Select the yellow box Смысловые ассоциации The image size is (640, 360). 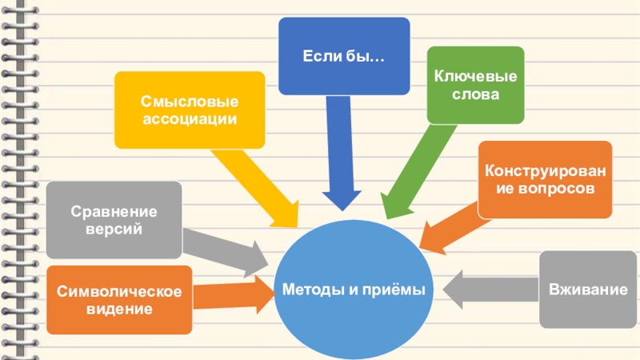[190, 110]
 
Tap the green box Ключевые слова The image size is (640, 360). [475, 85]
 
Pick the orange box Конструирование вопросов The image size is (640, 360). [545, 180]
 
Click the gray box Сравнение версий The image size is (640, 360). [113, 220]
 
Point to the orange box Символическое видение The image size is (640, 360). [119, 299]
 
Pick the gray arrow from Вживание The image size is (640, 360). [488, 288]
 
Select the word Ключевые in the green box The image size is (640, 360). [475, 76]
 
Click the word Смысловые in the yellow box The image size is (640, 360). [190, 102]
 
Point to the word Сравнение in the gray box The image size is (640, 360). [113, 212]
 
